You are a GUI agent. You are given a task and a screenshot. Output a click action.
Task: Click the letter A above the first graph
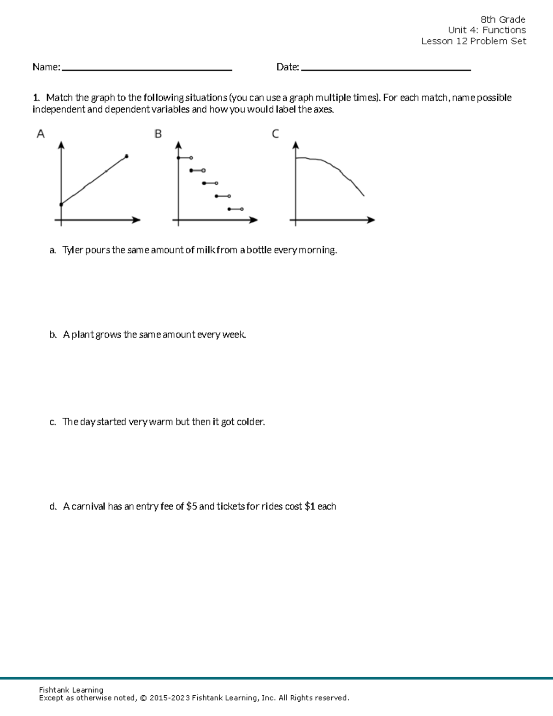coord(41,134)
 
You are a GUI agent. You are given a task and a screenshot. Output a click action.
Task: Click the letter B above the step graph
coord(158,134)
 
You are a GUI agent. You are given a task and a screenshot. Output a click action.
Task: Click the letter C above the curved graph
coord(275,134)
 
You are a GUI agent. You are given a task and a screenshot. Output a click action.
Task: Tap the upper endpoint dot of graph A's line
coord(127,156)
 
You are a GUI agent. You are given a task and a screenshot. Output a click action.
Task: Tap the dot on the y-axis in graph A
coord(61,204)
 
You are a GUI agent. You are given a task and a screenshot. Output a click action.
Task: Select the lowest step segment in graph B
coord(235,209)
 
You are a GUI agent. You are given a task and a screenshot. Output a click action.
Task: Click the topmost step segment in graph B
coord(184,158)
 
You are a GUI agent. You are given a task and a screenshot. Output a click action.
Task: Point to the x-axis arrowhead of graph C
coord(371,220)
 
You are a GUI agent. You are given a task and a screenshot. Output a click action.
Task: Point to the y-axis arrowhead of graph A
coord(61,145)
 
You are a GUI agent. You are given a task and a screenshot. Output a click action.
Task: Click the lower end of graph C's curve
coord(364,195)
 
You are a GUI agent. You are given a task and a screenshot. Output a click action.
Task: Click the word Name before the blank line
coord(46,67)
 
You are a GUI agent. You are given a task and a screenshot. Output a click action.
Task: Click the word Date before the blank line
coord(287,67)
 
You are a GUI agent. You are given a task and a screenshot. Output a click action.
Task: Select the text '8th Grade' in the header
coord(503,19)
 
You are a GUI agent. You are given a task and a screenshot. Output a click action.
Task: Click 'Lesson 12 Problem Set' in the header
coord(473,41)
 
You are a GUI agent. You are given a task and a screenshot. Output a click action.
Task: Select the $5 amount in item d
coord(192,507)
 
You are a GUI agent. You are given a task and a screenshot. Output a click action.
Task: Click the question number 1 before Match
coord(35,98)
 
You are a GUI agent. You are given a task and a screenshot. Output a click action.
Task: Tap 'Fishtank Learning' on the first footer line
coord(71,690)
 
